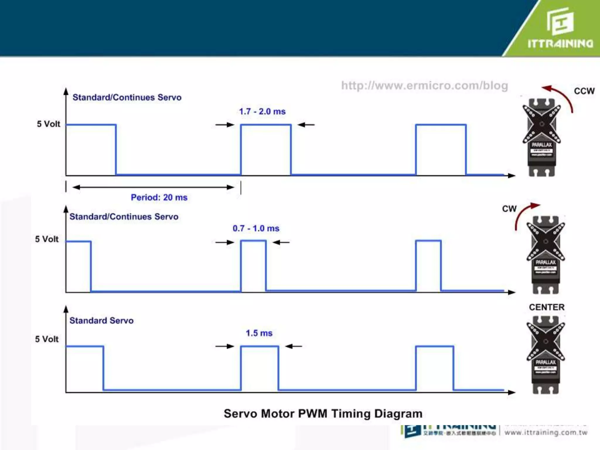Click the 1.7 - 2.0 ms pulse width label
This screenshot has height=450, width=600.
(262, 112)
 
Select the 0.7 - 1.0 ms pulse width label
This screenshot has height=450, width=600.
(256, 229)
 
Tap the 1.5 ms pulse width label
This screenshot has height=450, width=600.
(259, 333)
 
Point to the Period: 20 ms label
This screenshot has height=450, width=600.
(159, 197)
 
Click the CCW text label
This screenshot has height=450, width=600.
(584, 91)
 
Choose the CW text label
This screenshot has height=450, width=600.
(509, 209)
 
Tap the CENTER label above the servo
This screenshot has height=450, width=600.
(547, 307)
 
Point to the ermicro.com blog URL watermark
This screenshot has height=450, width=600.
(425, 86)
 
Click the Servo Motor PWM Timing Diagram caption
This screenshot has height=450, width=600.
(323, 414)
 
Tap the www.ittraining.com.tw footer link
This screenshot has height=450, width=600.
(546, 432)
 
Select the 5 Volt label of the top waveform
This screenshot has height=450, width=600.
(48, 124)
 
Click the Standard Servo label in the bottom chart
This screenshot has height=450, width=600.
(101, 321)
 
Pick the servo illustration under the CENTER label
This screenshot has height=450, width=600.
(546, 354)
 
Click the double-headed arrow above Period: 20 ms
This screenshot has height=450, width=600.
(153, 187)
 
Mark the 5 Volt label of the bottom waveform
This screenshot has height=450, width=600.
(47, 339)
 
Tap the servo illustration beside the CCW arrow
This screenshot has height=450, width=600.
(541, 138)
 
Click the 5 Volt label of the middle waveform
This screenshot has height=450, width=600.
(47, 239)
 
